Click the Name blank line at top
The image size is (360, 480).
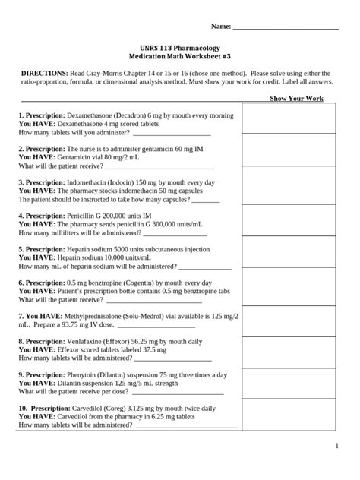286,27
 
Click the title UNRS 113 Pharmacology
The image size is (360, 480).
179,47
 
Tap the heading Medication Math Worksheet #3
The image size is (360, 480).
179,57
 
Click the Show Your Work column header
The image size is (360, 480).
296,99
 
